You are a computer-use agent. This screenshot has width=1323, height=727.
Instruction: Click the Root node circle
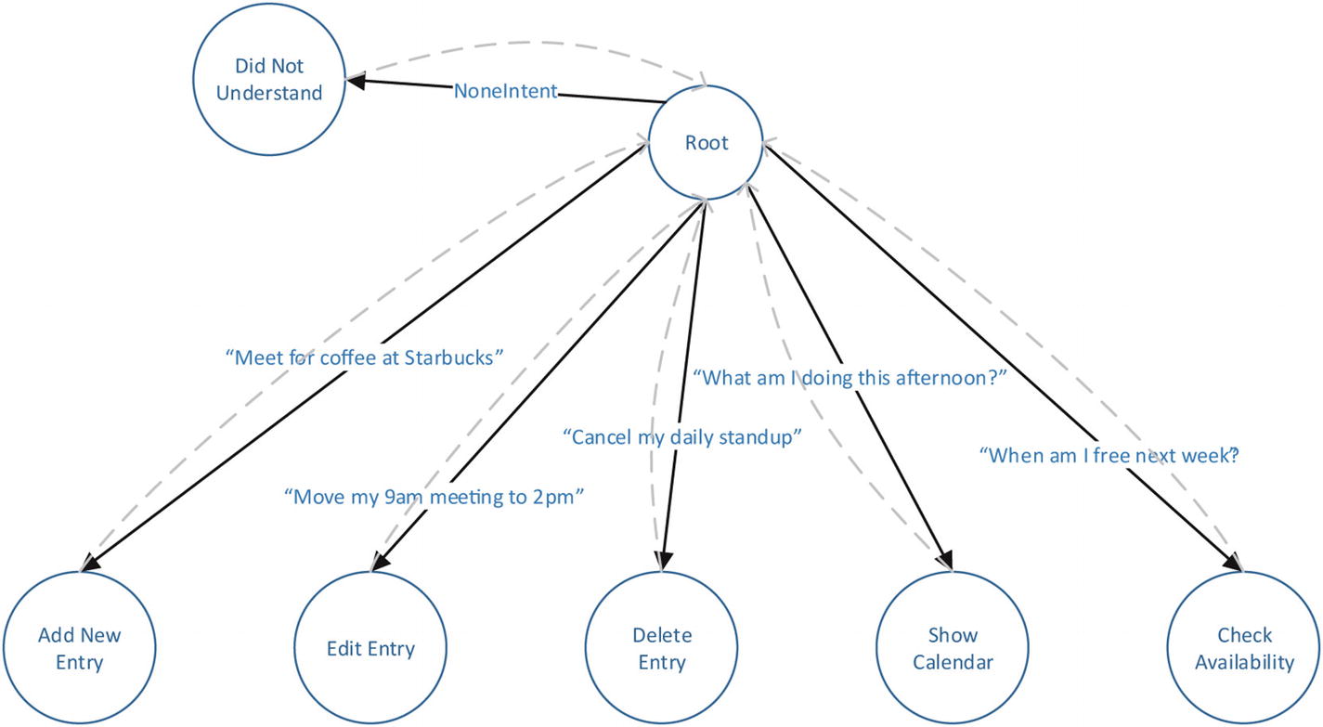707,143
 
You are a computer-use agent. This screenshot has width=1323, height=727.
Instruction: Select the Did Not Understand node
269,80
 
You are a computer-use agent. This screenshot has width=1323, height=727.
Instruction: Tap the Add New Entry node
80,648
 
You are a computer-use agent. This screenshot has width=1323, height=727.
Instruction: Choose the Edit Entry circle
370,648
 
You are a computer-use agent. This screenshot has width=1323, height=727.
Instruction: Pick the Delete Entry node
662,648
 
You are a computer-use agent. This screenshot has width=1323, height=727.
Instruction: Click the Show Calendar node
953,648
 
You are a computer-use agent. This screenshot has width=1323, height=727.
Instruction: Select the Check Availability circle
1244,648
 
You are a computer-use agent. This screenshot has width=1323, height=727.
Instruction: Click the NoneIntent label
506,91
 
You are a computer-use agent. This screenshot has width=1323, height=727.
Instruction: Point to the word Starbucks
454,357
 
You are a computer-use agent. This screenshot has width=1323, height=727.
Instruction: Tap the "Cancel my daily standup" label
682,436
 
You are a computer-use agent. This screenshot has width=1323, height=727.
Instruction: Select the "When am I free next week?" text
1111,456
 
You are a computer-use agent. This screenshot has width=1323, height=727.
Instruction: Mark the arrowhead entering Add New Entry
89,564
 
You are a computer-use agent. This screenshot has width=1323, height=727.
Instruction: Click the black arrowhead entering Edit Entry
379,563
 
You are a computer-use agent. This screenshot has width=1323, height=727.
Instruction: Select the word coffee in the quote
347,357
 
